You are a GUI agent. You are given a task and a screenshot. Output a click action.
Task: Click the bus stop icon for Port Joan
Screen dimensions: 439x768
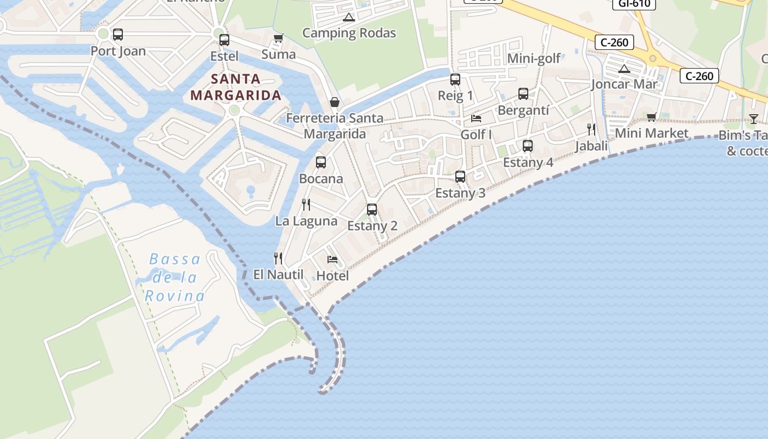tap(117, 35)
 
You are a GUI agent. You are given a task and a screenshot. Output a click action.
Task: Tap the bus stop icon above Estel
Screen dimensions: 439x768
tap(224, 40)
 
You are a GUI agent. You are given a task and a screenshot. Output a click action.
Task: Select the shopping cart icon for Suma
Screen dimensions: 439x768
tap(278, 38)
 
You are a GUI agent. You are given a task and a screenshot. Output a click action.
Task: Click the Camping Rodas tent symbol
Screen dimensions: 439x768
tap(348, 17)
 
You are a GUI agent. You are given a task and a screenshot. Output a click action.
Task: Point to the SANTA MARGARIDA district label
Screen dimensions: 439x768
tap(236, 87)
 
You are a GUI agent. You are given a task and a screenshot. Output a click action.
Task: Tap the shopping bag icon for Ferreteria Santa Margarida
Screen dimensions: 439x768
tap(334, 102)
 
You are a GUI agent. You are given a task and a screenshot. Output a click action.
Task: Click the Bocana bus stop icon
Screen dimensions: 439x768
tap(321, 162)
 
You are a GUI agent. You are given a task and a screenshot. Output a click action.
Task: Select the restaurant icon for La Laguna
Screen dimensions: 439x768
tap(306, 205)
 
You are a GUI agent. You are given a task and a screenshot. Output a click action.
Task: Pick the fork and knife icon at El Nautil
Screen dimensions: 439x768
tap(278, 258)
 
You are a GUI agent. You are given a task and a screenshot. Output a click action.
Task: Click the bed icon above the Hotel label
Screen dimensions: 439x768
tap(332, 259)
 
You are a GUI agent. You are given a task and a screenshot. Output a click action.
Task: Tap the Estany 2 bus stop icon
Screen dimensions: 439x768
tap(371, 209)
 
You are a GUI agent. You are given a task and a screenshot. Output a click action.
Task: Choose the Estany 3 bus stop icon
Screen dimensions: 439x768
tap(460, 176)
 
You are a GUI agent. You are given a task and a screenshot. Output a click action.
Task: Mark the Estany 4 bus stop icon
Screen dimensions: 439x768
tap(527, 145)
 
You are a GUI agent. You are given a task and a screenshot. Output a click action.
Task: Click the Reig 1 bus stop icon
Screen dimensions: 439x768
tap(455, 79)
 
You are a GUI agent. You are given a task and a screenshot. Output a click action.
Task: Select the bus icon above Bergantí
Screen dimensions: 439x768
tap(523, 93)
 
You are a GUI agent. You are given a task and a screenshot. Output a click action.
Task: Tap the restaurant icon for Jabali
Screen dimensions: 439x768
tap(591, 130)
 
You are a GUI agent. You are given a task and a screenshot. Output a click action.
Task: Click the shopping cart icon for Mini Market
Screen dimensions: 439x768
tap(651, 116)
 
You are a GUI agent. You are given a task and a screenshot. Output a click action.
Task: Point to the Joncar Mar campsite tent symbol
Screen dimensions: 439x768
tap(623, 69)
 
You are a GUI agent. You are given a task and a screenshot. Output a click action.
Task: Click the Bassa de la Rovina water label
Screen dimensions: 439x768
tap(174, 278)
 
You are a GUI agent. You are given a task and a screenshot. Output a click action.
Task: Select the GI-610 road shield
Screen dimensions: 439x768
tap(634, 4)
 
